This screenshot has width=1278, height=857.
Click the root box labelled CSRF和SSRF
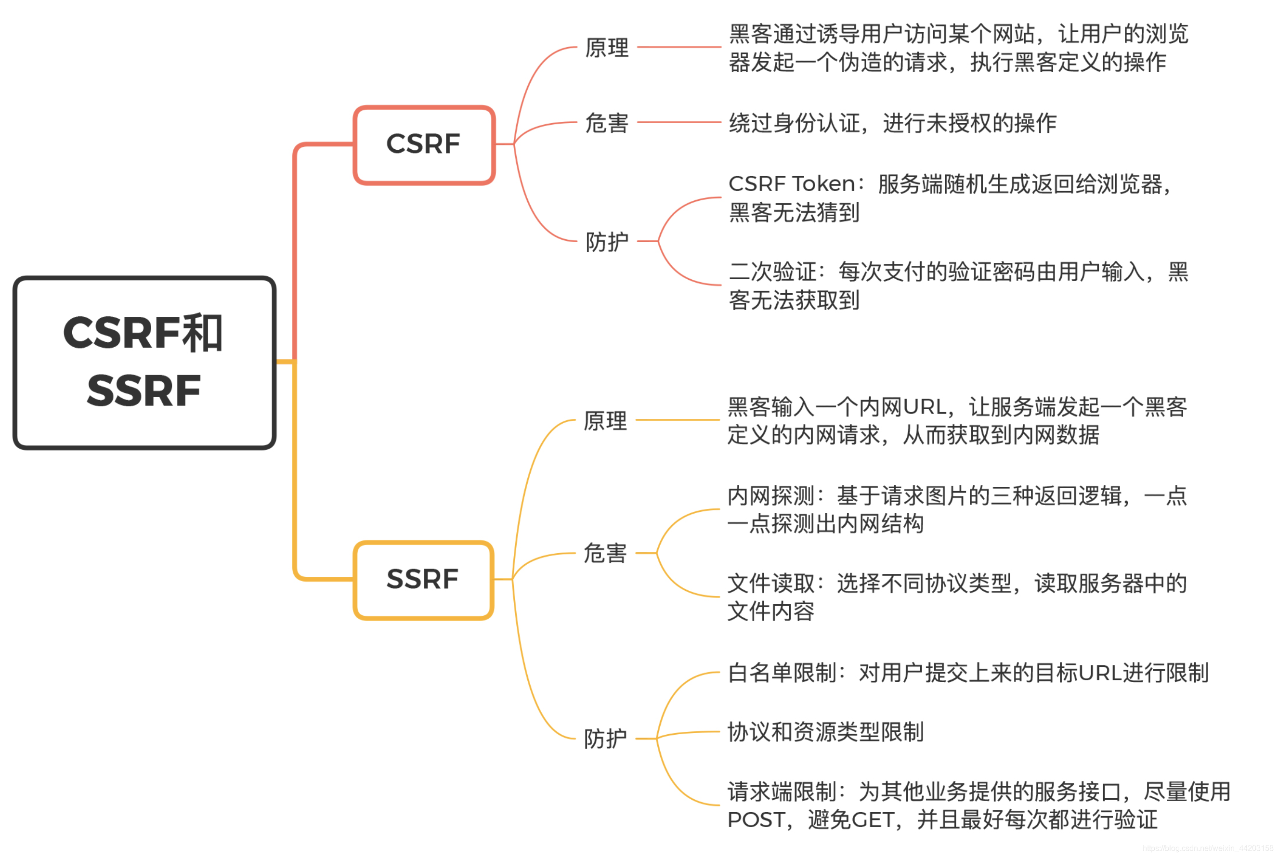[144, 363]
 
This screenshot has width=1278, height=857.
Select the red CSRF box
[424, 144]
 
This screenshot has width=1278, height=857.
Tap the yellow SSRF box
[422, 579]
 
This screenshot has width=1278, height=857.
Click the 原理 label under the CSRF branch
[607, 48]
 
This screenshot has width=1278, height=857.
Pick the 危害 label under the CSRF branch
[607, 123]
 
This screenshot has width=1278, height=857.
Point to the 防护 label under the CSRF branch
[607, 242]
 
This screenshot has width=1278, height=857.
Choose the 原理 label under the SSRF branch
[605, 421]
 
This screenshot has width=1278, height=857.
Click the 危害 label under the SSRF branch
[605, 553]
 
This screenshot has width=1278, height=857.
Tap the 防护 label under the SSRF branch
[605, 739]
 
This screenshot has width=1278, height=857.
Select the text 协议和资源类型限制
[825, 732]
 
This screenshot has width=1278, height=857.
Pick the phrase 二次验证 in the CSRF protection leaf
[772, 272]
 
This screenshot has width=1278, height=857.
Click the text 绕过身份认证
[794, 123]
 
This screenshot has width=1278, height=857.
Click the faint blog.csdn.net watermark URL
[1208, 848]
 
